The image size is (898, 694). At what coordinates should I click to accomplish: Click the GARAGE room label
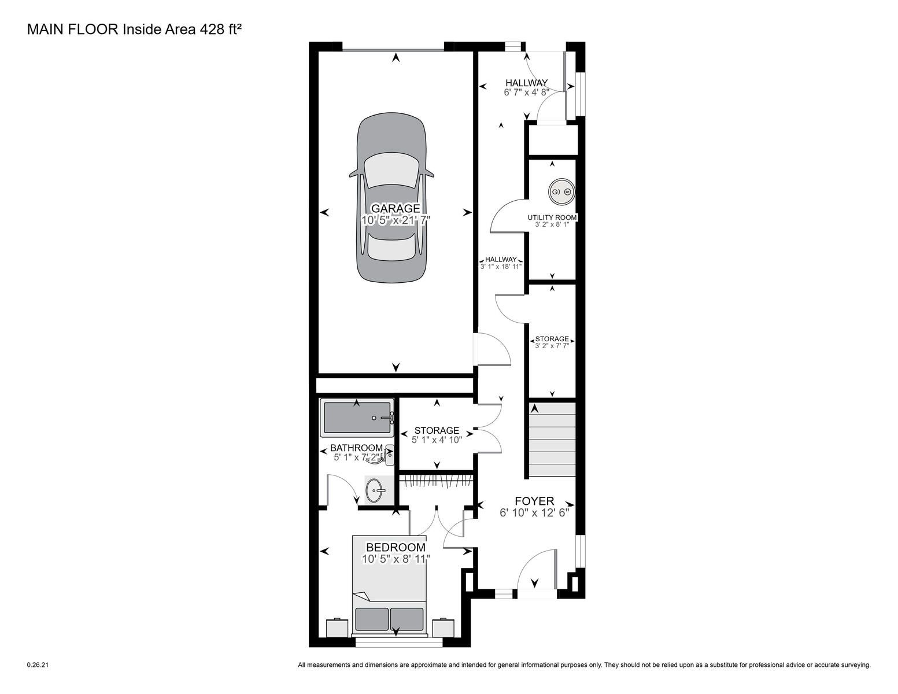pos(396,208)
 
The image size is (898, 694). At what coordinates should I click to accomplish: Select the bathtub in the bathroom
pos(357,418)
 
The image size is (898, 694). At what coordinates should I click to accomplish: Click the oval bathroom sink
pos(375,490)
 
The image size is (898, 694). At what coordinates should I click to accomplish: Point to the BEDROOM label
pos(396,547)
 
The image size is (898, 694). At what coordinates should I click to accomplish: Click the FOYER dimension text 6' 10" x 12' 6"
pos(534,513)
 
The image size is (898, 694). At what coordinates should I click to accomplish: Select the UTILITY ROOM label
pos(552,217)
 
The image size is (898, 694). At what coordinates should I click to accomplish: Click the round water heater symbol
pos(561,192)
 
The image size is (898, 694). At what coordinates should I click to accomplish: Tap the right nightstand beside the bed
pos(444,627)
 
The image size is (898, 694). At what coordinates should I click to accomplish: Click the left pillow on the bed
pos(371,619)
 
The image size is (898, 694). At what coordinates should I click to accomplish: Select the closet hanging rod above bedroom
pos(437,481)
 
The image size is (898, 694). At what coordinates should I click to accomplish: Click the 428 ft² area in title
pos(221,29)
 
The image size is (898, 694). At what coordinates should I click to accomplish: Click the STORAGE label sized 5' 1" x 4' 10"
pos(437,430)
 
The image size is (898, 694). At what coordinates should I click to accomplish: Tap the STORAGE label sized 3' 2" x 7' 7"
pos(552,339)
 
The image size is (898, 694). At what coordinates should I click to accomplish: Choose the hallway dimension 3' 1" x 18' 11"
pos(501,267)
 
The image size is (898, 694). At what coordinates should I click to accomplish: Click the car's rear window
pos(391,249)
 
